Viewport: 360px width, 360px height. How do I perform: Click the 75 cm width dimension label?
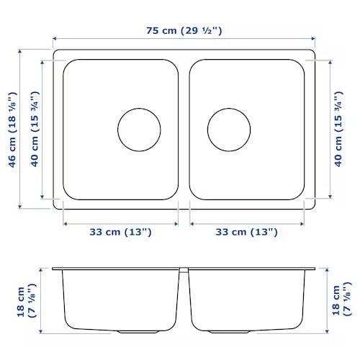(184, 30)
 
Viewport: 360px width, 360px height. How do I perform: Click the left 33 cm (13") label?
(120, 232)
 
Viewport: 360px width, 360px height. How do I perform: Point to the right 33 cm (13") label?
(247, 232)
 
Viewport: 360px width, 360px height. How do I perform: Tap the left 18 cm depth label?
(27, 302)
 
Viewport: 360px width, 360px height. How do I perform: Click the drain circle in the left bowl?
(139, 130)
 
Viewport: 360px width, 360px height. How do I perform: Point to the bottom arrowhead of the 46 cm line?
(20, 209)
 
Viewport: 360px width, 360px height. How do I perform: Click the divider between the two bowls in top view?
(184, 130)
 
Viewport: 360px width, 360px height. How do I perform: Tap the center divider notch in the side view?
(184, 271)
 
